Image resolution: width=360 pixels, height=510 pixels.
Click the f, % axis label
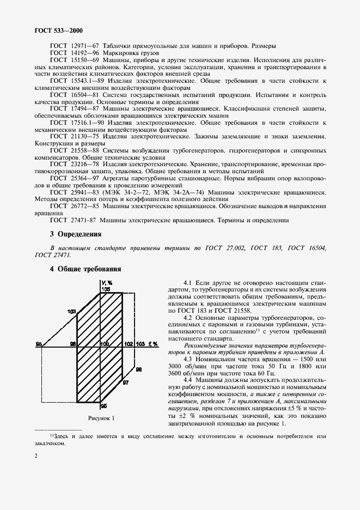pyautogui.click(x=153, y=344)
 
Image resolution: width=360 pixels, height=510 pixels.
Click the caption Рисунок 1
pyautogui.click(x=101, y=418)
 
